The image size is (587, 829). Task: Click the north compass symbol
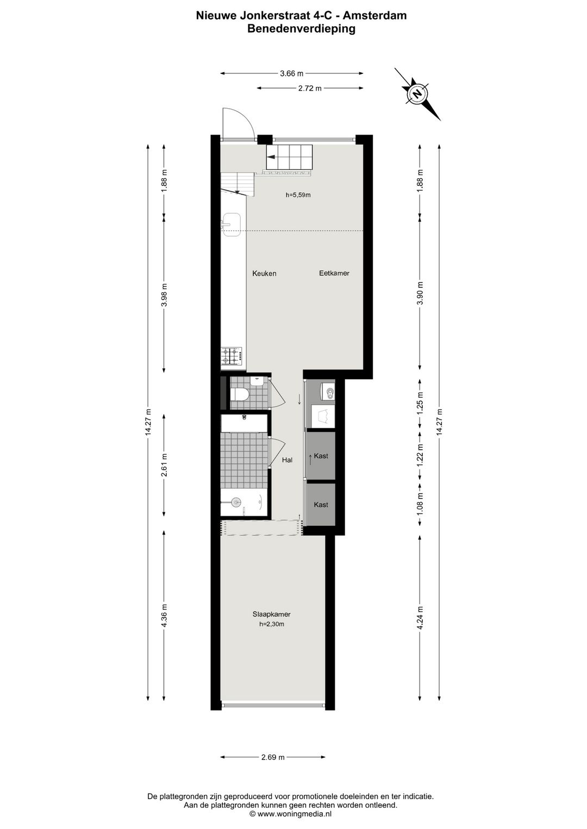(417, 93)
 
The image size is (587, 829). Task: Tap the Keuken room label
(264, 273)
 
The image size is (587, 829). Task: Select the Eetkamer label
(334, 273)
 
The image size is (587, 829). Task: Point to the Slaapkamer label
(271, 614)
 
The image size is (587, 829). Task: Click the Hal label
(287, 460)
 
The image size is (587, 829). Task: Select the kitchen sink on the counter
(232, 222)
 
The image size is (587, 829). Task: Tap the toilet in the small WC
(240, 393)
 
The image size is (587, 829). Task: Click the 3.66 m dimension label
(291, 73)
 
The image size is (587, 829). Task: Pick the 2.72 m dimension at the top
(310, 88)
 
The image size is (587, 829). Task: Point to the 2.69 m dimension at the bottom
(273, 757)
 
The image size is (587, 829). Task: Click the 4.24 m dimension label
(420, 617)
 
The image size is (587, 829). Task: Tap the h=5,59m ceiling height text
(298, 195)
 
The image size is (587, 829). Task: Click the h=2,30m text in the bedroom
(271, 624)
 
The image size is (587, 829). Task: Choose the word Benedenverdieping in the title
(301, 29)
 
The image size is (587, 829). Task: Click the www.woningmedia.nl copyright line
(290, 814)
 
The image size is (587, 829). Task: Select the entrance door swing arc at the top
(240, 122)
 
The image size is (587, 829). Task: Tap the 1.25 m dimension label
(420, 404)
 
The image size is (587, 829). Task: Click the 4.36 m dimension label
(164, 616)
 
